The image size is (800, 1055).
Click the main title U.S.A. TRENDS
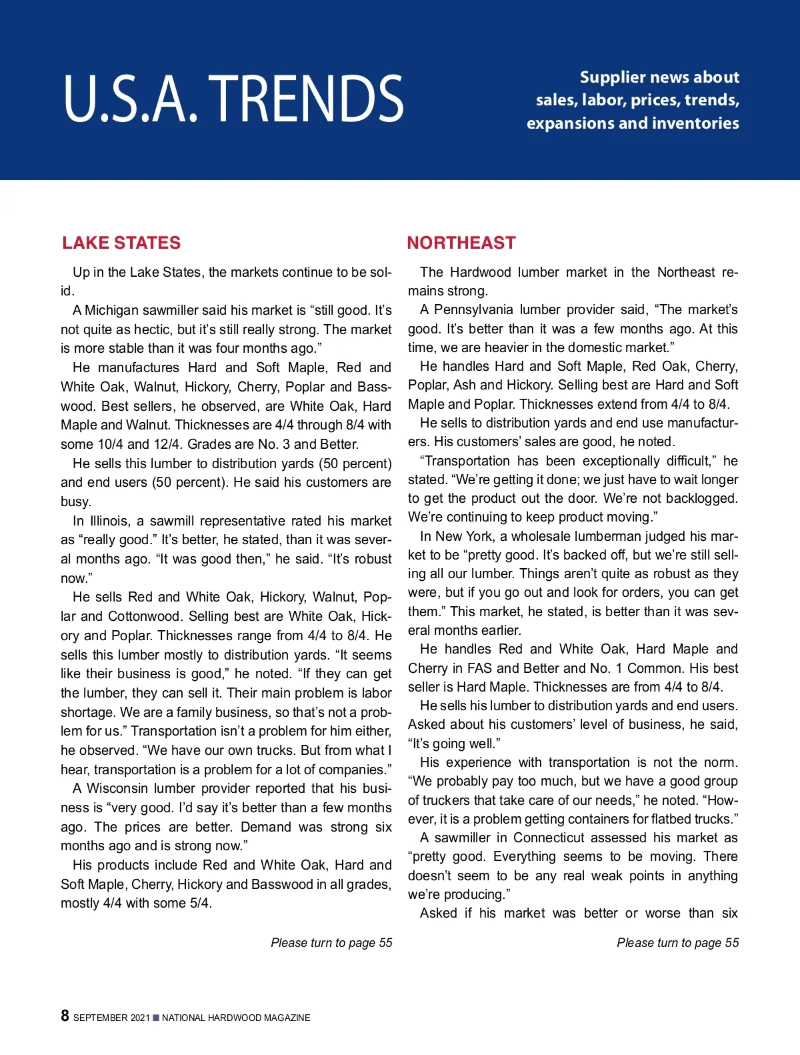pos(233,99)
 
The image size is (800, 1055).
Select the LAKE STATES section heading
pos(121,243)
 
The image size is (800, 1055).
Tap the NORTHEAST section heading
pos(461,243)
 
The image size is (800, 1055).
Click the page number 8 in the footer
pos(65,1016)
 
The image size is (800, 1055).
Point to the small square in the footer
pos(156,1018)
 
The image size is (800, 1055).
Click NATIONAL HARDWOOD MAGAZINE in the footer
pos(236,1018)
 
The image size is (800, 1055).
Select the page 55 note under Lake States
pos(331,942)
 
